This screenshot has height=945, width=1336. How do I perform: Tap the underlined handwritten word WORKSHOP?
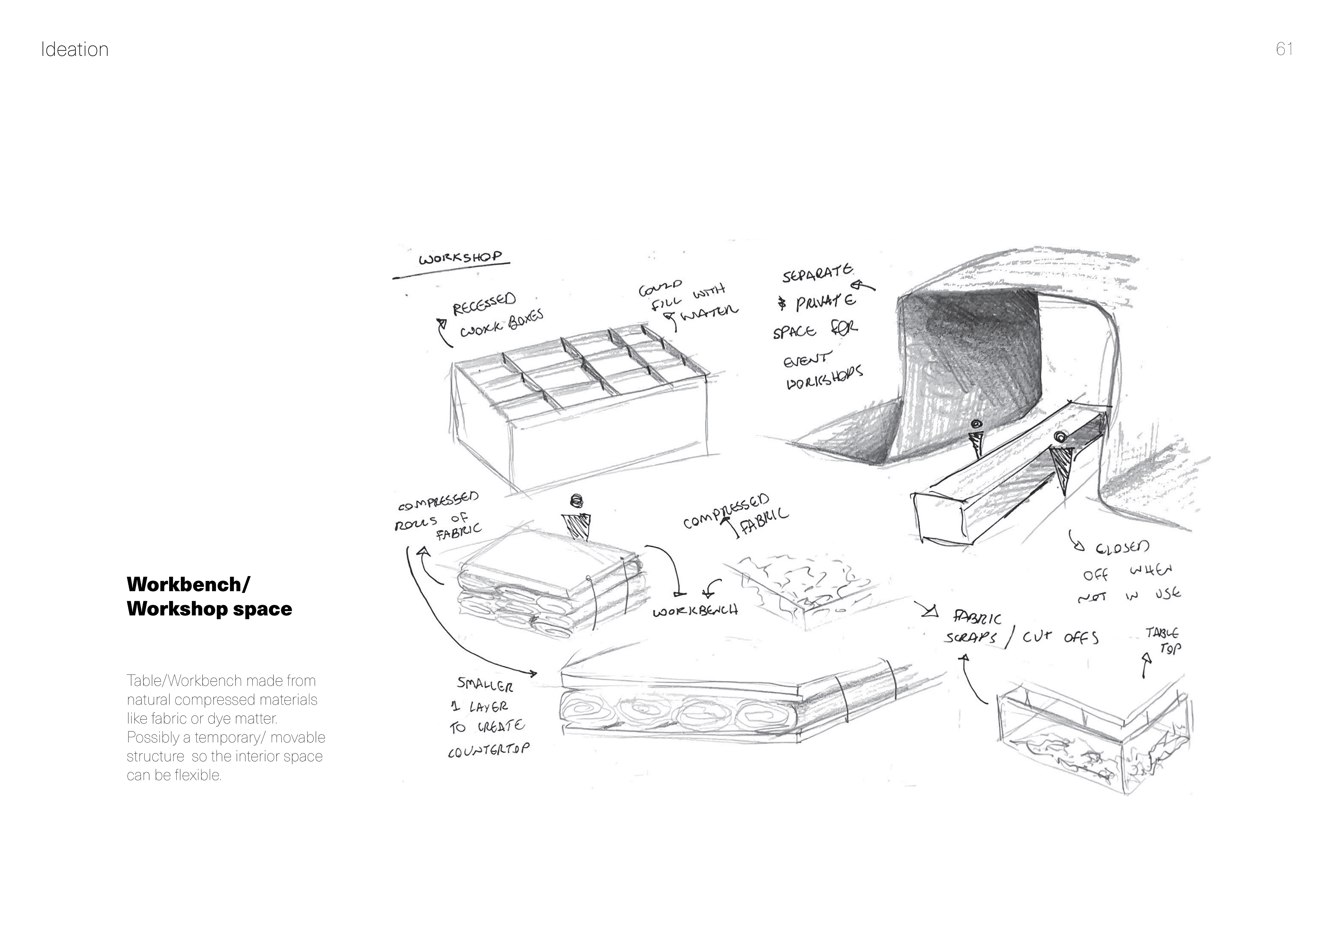pyautogui.click(x=460, y=257)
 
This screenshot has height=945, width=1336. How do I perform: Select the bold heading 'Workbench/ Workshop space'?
pyautogui.click(x=209, y=597)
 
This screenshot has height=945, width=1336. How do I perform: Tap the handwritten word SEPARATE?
pyautogui.click(x=818, y=274)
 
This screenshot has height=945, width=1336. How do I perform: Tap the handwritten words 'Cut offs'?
pyautogui.click(x=1060, y=638)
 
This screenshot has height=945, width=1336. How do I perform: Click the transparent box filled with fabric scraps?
pyautogui.click(x=1088, y=739)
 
